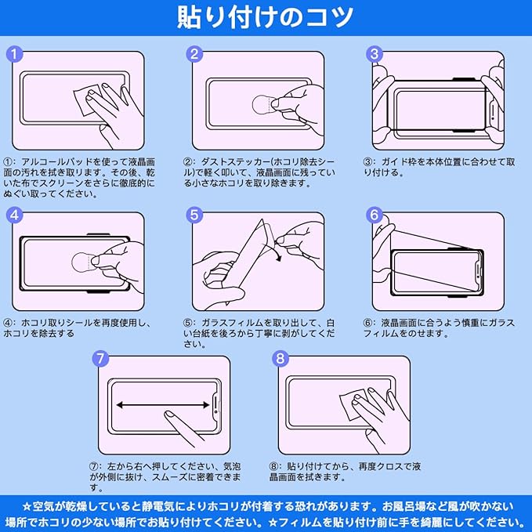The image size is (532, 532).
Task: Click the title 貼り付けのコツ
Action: click(265, 17)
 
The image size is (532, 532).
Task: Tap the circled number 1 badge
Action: click(15, 54)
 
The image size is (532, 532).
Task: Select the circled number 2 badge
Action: click(194, 54)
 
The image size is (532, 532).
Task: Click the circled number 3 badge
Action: click(375, 54)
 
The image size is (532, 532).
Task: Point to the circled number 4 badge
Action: click(15, 215)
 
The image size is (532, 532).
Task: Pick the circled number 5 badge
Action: click(194, 215)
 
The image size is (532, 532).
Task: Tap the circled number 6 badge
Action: click(375, 215)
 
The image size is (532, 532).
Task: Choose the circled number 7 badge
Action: click(101, 359)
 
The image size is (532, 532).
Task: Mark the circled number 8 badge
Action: click(280, 359)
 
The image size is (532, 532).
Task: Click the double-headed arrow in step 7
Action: click(163, 405)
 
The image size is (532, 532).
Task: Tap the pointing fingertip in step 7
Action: click(168, 414)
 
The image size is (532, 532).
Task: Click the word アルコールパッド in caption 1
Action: click(57, 162)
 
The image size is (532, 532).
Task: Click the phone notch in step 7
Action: click(216, 404)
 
